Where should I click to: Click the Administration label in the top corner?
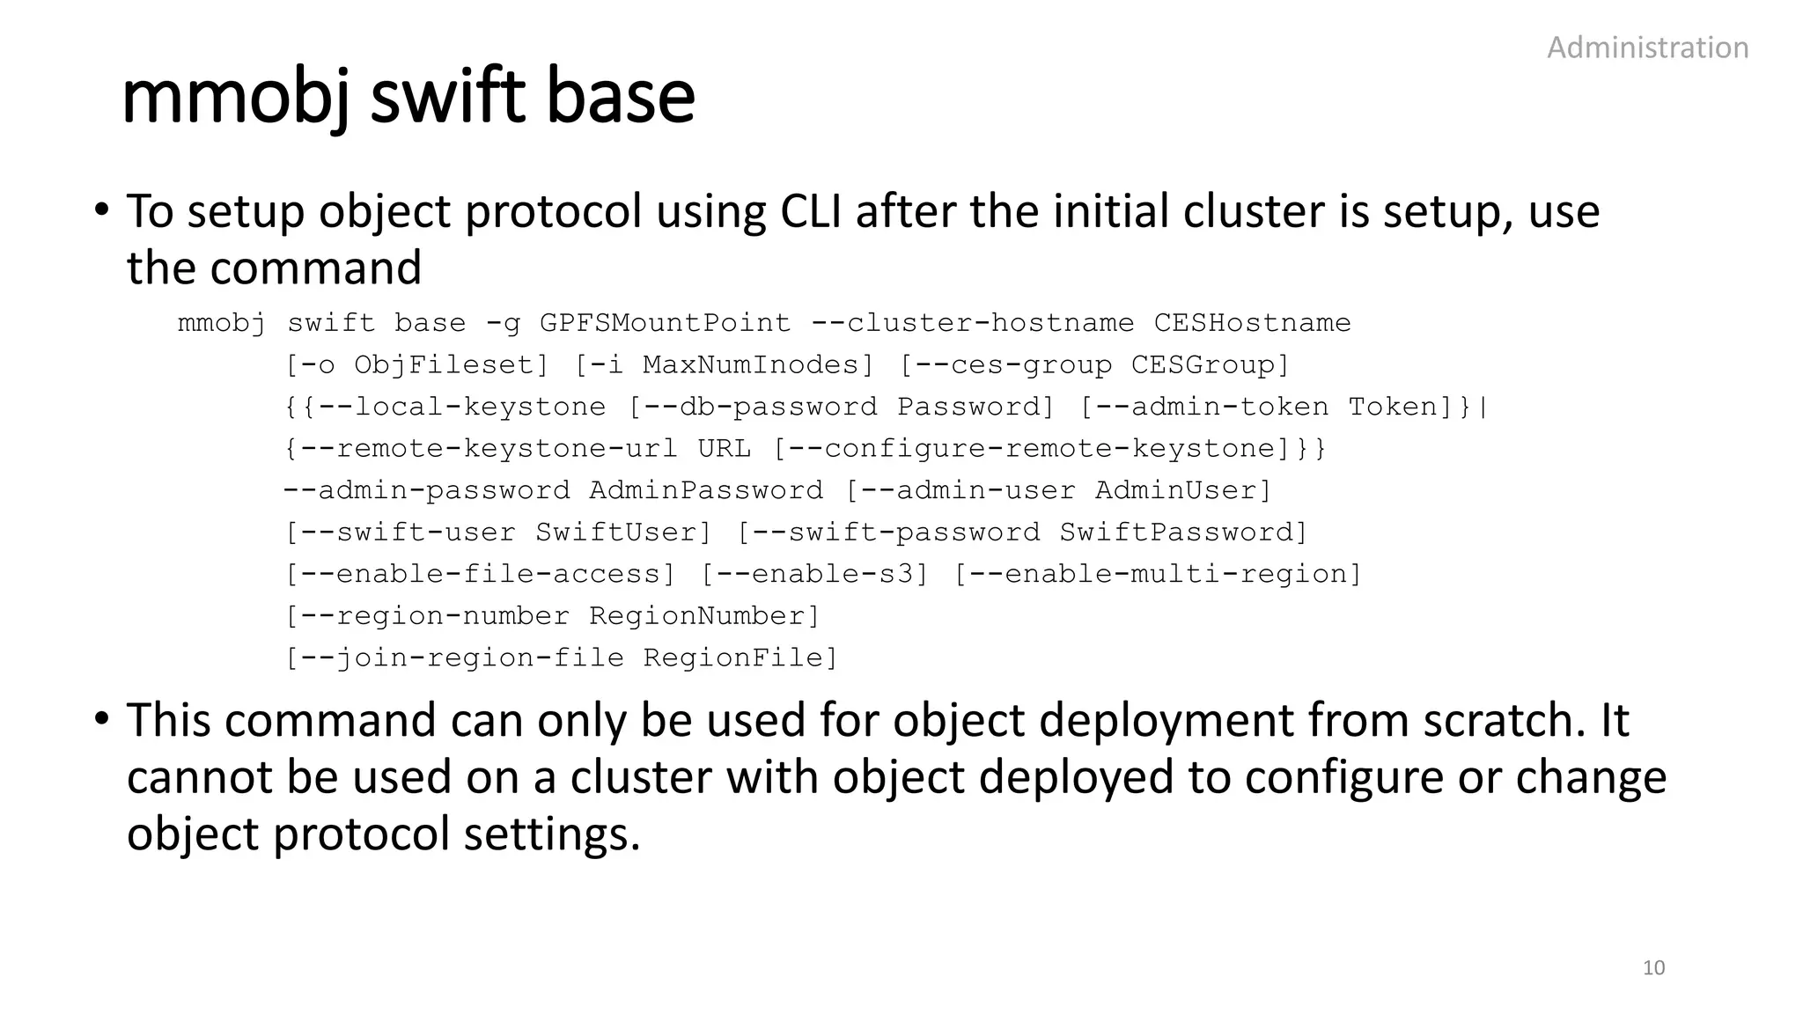click(x=1647, y=48)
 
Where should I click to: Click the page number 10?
click(x=1653, y=968)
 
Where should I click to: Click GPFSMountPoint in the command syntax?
click(x=665, y=323)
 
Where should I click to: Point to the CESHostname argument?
click(x=1252, y=323)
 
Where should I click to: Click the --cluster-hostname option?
click(x=972, y=323)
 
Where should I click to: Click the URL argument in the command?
click(x=725, y=449)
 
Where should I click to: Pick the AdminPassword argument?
click(x=706, y=490)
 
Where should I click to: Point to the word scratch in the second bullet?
click(x=1494, y=720)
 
